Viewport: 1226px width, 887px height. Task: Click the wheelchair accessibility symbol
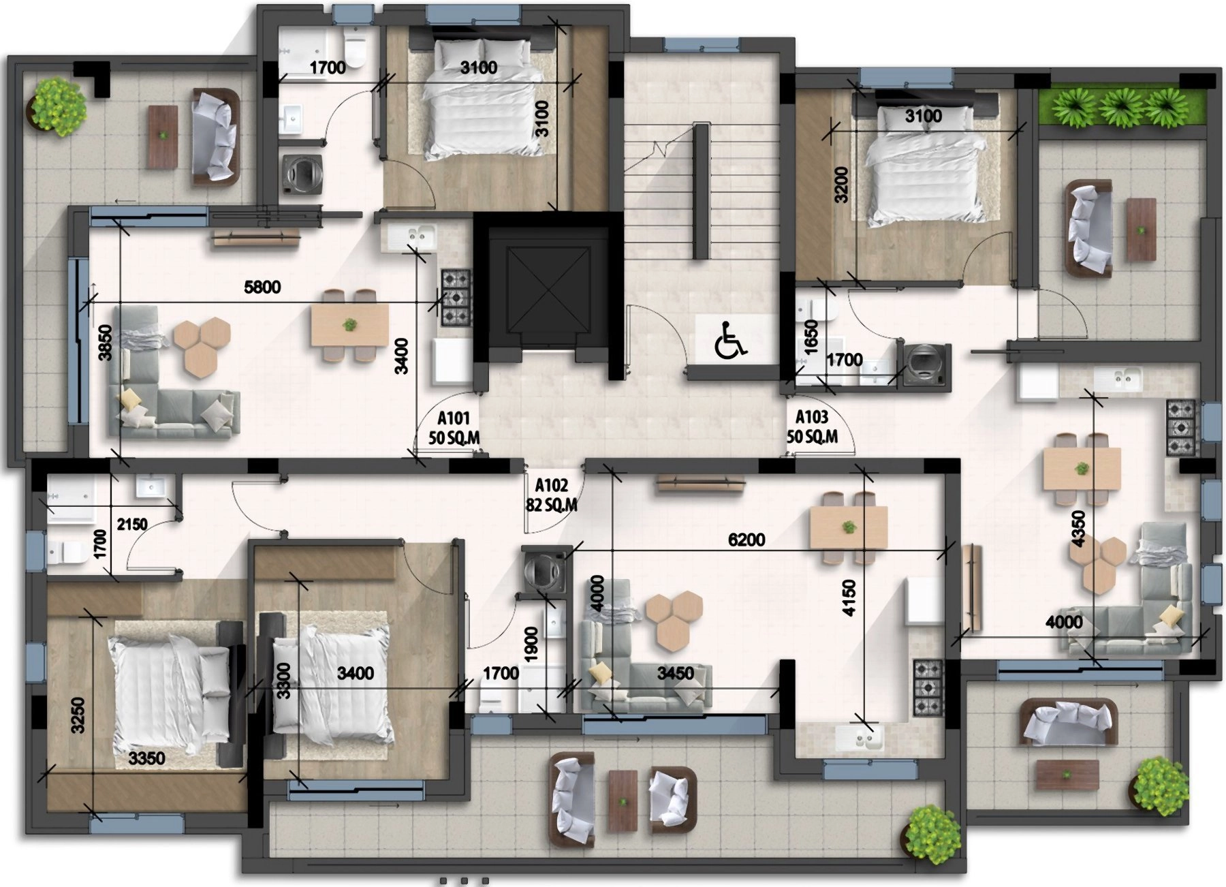coord(731,341)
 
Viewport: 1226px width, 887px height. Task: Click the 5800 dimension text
coord(262,287)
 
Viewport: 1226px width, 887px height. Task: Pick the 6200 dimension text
coord(746,540)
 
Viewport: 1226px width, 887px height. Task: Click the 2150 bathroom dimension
coord(132,525)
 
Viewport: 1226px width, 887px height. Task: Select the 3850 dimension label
coord(106,343)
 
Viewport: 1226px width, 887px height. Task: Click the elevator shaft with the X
coord(548,290)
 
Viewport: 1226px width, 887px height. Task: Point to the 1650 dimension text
coord(810,337)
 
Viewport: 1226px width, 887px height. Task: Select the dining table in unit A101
coord(349,325)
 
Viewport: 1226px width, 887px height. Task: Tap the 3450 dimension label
coord(676,674)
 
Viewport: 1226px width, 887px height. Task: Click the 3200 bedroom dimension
coord(843,185)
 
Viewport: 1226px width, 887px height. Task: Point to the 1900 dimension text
coord(532,644)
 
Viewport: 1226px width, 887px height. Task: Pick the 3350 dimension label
coord(147,758)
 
